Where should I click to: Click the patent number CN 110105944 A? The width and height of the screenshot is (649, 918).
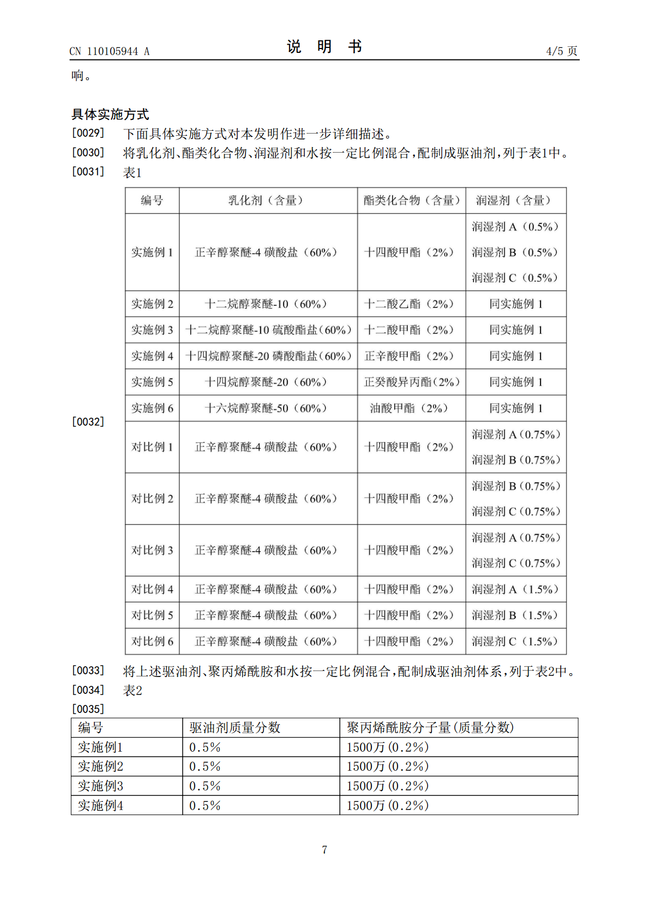point(109,51)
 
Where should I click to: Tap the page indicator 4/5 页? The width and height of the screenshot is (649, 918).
point(561,51)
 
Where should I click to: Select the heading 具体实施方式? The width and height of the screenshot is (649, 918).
point(110,114)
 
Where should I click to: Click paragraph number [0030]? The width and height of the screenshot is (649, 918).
point(88,153)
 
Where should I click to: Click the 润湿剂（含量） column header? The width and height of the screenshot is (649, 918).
point(515,201)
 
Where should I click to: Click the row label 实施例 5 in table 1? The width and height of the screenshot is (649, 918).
point(152,382)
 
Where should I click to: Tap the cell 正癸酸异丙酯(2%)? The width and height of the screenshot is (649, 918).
point(411,382)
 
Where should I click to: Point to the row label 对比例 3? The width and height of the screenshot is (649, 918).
point(152,550)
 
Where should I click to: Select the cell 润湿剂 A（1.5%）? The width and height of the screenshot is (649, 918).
point(515,589)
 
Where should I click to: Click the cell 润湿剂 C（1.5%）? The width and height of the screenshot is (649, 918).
point(515,642)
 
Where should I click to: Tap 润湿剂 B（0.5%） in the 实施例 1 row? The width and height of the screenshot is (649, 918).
point(515,252)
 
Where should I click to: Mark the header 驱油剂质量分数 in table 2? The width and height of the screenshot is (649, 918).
point(235,728)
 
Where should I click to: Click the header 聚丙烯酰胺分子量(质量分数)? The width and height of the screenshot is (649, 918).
point(430,728)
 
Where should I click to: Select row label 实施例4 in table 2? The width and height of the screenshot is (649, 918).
point(101,806)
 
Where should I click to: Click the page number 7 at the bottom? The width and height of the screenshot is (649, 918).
point(324,850)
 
